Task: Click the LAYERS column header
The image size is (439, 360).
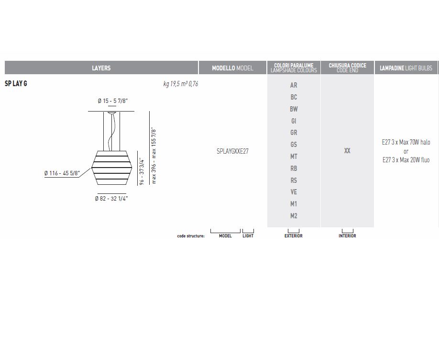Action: click(x=101, y=68)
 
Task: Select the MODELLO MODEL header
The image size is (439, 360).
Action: click(x=232, y=68)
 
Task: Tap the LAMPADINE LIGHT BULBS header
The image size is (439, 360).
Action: click(x=406, y=68)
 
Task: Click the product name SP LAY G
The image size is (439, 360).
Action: click(x=16, y=84)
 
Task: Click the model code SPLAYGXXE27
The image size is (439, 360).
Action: click(x=232, y=151)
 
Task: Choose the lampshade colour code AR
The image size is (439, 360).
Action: click(x=294, y=85)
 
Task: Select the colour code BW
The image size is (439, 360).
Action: click(x=294, y=109)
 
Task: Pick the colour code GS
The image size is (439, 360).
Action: click(x=294, y=145)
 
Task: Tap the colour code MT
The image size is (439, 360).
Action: click(x=294, y=157)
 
